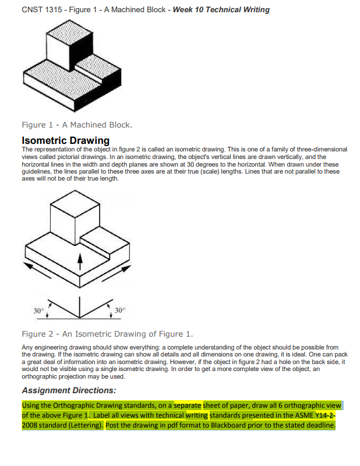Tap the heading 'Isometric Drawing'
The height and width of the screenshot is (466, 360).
65,140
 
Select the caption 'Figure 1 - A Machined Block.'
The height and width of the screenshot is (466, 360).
77,125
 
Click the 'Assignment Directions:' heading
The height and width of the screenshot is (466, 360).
69,390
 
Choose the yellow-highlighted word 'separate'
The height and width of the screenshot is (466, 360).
188,405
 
